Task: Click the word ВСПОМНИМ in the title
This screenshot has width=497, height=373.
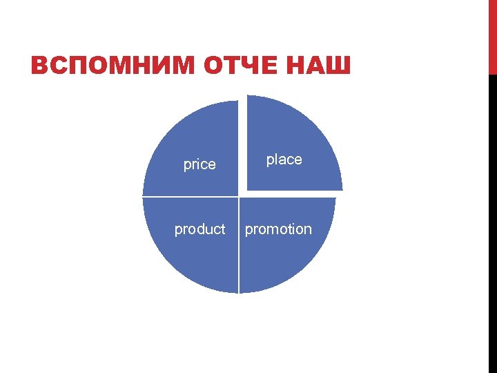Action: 113,67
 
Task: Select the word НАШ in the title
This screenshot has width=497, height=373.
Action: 318,67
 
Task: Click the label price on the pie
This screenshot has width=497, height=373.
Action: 199,164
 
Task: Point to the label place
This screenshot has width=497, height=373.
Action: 284,160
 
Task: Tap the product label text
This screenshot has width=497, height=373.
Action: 199,229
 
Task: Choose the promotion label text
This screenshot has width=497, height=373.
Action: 278,229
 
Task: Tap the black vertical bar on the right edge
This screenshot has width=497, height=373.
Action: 492,221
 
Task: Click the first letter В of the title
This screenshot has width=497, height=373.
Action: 39,67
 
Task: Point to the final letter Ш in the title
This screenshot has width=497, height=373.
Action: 341,67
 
